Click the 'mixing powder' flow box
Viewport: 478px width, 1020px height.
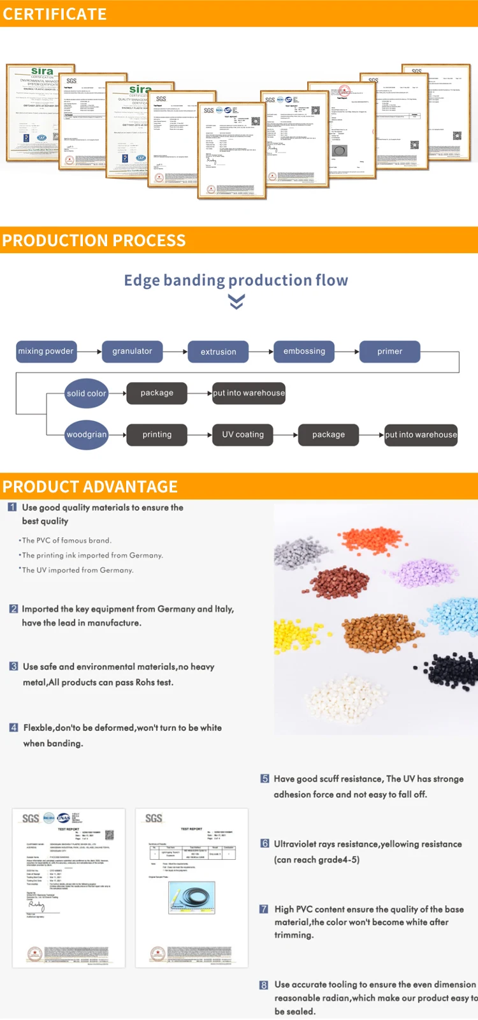pyautogui.click(x=46, y=351)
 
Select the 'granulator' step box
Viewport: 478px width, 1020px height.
pyautogui.click(x=132, y=351)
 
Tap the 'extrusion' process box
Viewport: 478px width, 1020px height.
pyautogui.click(x=218, y=351)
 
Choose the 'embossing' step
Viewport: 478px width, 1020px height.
pyautogui.click(x=304, y=351)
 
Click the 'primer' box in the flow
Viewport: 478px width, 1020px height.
pyautogui.click(x=389, y=351)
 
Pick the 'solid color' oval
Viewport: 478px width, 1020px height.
pyautogui.click(x=86, y=394)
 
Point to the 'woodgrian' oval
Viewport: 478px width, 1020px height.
pyautogui.click(x=86, y=435)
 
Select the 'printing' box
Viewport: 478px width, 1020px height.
pyautogui.click(x=157, y=435)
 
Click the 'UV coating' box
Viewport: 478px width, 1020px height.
pyautogui.click(x=243, y=435)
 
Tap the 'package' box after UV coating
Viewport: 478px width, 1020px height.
pyautogui.click(x=328, y=435)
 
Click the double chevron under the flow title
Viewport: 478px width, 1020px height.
pyautogui.click(x=236, y=302)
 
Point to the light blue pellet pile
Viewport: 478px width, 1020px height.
pyautogui.click(x=453, y=616)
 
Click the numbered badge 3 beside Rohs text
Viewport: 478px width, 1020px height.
pyautogui.click(x=13, y=667)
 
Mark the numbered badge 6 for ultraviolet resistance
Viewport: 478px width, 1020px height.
pyautogui.click(x=264, y=843)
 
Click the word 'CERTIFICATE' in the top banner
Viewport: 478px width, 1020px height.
pyautogui.click(x=55, y=14)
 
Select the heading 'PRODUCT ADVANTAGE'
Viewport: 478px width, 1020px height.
pyautogui.click(x=90, y=487)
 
